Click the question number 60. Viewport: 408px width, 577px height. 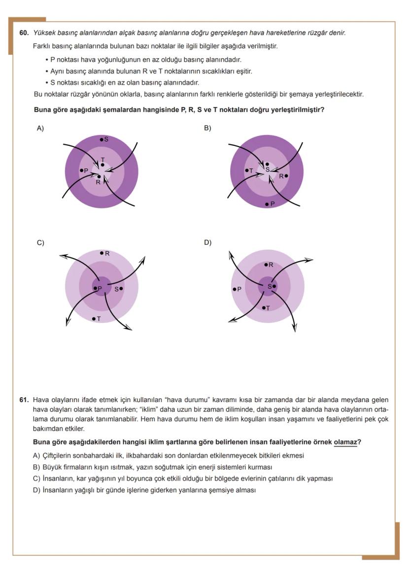pyautogui.click(x=24, y=33)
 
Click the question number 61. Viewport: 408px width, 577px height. pyautogui.click(x=24, y=400)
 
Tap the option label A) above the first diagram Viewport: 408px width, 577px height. pyautogui.click(x=40, y=128)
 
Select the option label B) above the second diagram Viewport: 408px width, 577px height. pyautogui.click(x=207, y=128)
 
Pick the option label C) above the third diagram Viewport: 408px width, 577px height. pyautogui.click(x=40, y=242)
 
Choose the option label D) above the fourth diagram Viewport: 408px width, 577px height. pyautogui.click(x=207, y=242)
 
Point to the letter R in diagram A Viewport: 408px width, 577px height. pyautogui.click(x=98, y=182)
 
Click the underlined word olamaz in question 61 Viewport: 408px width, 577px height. pyautogui.click(x=345, y=442)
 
